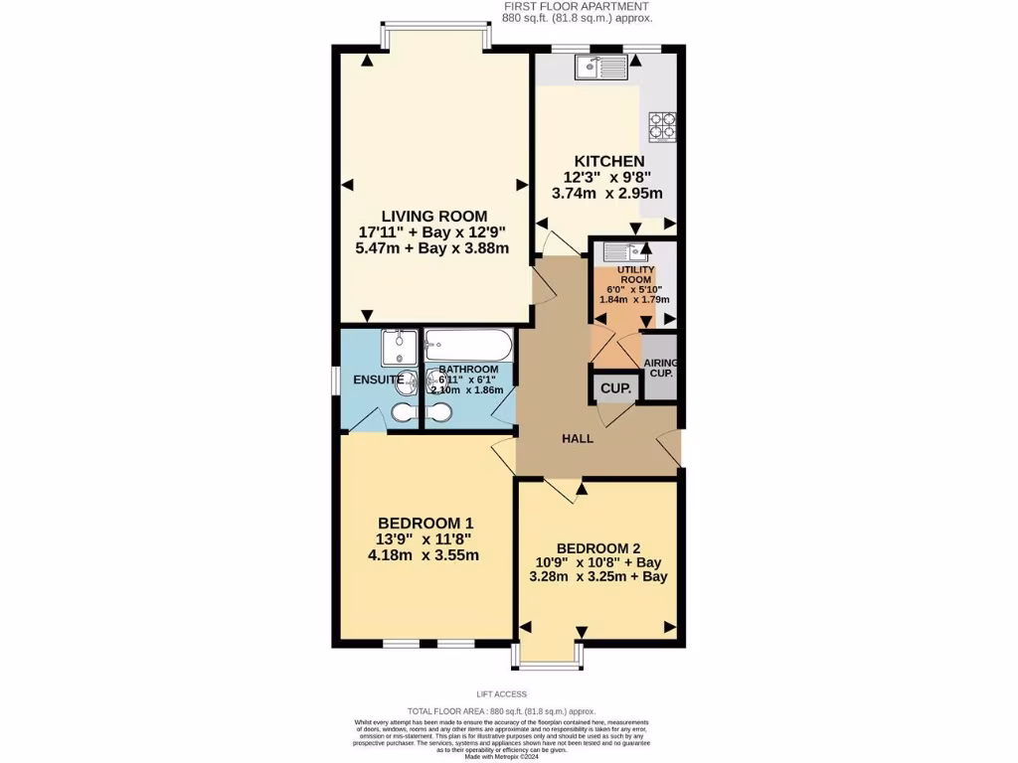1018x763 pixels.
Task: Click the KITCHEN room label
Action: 609,161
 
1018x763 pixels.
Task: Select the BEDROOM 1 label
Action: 425,524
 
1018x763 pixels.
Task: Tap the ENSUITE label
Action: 378,380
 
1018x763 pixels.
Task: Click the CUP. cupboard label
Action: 615,389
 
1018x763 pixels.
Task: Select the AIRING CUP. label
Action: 659,368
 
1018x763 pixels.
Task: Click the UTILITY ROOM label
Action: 635,275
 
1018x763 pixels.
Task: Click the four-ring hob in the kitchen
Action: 662,127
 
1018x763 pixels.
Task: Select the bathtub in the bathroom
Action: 467,346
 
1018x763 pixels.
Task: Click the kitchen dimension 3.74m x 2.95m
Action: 606,194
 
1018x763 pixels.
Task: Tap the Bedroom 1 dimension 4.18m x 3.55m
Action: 425,555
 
